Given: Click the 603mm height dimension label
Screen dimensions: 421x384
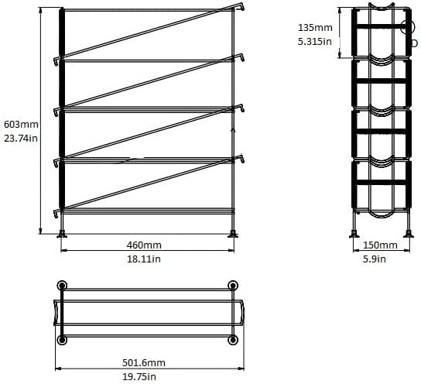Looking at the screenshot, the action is pyautogui.click(x=21, y=125).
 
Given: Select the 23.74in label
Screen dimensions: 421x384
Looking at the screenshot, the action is pyautogui.click(x=21, y=139).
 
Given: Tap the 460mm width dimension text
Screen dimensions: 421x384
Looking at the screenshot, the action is pyautogui.click(x=144, y=245).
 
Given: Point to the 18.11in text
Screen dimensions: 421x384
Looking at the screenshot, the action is pyautogui.click(x=144, y=259).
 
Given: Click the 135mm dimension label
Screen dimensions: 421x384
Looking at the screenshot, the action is pyautogui.click(x=315, y=28).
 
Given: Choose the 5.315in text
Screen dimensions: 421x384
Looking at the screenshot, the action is pyautogui.click(x=315, y=42).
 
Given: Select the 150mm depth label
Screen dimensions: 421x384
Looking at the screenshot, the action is pyautogui.click(x=380, y=245).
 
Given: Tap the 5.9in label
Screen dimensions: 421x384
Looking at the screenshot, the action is pyautogui.click(x=375, y=259).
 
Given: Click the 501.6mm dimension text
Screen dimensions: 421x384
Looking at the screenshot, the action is pyautogui.click(x=144, y=363).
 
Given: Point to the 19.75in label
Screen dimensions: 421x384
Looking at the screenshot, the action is pyautogui.click(x=139, y=377).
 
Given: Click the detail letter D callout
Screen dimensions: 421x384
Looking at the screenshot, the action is pyautogui.click(x=415, y=43).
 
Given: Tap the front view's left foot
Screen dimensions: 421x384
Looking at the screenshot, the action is pyautogui.click(x=62, y=234).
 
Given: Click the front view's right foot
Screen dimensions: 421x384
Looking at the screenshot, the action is pyautogui.click(x=233, y=234).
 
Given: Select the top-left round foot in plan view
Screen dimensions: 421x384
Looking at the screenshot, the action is pyautogui.click(x=62, y=285).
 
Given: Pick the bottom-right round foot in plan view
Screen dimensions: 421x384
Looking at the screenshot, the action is pyautogui.click(x=233, y=340).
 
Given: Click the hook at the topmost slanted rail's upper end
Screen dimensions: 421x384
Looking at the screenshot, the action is pyautogui.click(x=242, y=6).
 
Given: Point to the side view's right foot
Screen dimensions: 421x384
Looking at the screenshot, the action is pyautogui.click(x=409, y=234).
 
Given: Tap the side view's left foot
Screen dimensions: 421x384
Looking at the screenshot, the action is pyautogui.click(x=354, y=234).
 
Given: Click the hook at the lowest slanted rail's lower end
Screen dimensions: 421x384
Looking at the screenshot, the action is pyautogui.click(x=56, y=213).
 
